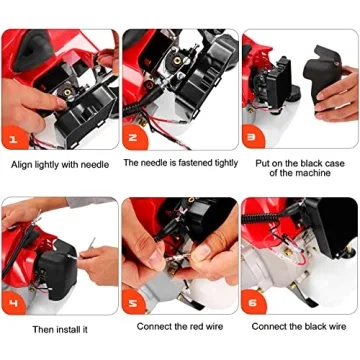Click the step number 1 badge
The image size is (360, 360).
point(12,138)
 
